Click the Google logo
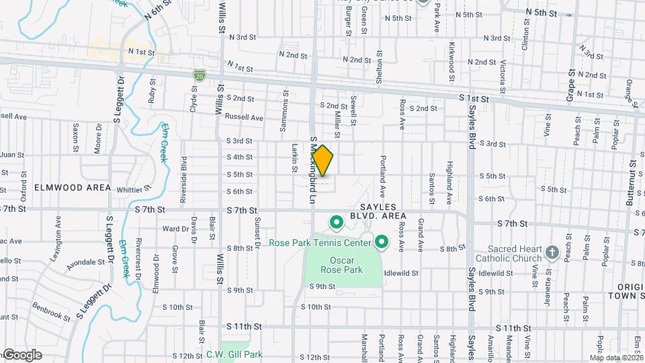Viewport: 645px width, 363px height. [x=21, y=354]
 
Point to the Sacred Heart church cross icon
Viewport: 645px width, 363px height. [x=552, y=253]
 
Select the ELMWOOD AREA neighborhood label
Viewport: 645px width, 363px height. [x=64, y=188]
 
